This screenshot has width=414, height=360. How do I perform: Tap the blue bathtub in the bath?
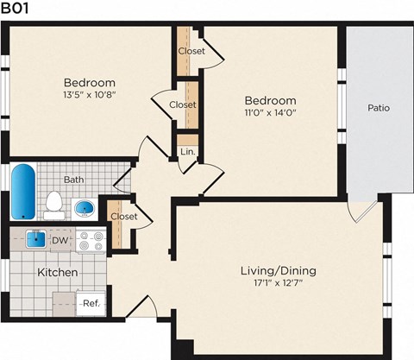(23, 192)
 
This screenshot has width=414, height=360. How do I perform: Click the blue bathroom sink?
(85, 208)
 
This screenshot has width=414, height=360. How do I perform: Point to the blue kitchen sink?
(35, 239)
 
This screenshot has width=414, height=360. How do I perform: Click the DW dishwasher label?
(60, 240)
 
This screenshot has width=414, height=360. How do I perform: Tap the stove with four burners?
(90, 241)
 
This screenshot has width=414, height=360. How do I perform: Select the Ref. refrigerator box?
(90, 303)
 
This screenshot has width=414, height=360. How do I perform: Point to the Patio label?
(378, 109)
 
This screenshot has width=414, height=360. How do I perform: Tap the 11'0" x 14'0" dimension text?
(269, 112)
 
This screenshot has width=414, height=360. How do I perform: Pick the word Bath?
(73, 180)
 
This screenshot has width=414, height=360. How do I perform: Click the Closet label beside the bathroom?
(124, 217)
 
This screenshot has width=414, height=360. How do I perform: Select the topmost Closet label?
(191, 50)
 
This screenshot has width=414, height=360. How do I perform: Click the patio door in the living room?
(363, 210)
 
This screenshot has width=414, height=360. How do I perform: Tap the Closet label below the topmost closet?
(183, 104)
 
